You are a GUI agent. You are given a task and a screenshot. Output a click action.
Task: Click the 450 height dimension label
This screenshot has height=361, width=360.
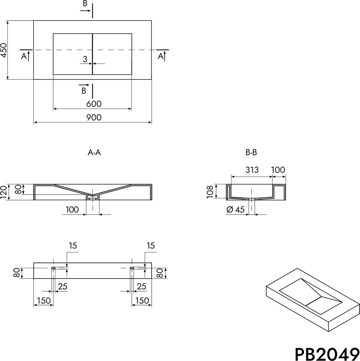[x=4, y=50]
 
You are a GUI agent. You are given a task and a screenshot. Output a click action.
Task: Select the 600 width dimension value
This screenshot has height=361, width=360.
[x=94, y=104]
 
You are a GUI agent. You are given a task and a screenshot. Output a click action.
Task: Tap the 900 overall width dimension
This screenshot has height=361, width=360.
[x=94, y=118]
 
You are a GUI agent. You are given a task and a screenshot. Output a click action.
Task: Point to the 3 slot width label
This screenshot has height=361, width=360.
[x=85, y=59]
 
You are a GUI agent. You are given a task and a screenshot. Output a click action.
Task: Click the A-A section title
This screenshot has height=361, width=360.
[x=94, y=153]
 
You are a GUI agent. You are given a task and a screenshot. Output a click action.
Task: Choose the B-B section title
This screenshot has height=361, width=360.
[x=251, y=153]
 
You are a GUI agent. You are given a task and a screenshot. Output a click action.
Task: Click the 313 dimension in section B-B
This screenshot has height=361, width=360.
[x=252, y=170]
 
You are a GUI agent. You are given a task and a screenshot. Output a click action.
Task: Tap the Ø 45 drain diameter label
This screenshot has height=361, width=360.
[x=235, y=210]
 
